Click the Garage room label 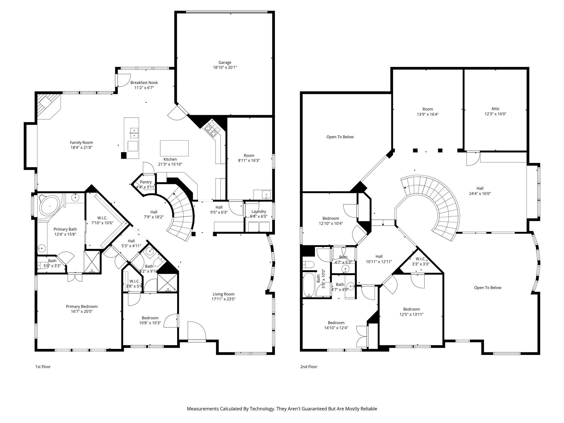point(225,63)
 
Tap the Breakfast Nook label point(144,83)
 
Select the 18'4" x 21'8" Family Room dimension point(81,148)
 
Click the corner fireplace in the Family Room point(48,105)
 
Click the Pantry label point(146,182)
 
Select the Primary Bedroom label point(82,307)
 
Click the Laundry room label point(259,211)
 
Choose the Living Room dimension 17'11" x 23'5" point(223,299)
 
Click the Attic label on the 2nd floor point(495,109)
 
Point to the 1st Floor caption point(43,367)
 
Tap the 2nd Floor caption point(309,367)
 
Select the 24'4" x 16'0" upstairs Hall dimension point(480,194)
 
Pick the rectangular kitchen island point(174,148)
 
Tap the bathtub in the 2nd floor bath point(309,285)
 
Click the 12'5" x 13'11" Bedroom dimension point(411,314)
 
